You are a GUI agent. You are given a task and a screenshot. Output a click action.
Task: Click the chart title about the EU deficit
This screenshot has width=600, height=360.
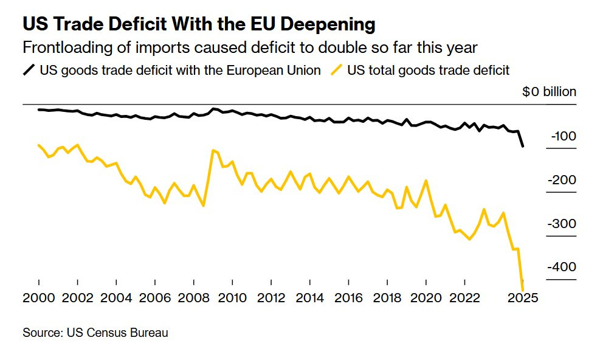(x=199, y=24)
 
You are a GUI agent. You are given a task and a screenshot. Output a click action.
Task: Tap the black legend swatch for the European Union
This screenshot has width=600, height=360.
(x=29, y=70)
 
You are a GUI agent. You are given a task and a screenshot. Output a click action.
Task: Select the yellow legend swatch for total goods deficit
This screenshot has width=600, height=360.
(x=337, y=70)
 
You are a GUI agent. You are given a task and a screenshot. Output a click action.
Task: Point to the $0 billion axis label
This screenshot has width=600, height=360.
(x=548, y=92)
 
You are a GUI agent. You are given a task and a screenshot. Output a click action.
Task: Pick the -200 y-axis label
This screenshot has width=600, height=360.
(x=563, y=180)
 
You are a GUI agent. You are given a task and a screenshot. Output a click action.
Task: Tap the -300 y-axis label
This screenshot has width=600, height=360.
(x=563, y=224)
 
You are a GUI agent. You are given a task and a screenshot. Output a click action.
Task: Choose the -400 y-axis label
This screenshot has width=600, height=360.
(x=563, y=268)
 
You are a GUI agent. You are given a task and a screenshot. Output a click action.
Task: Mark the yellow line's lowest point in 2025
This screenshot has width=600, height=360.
(x=523, y=289)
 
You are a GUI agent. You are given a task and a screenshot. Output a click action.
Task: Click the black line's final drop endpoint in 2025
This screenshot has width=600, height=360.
(x=523, y=146)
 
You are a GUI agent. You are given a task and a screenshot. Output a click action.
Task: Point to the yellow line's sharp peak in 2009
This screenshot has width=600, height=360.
(x=213, y=150)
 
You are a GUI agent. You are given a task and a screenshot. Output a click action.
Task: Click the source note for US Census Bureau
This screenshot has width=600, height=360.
(x=95, y=333)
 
